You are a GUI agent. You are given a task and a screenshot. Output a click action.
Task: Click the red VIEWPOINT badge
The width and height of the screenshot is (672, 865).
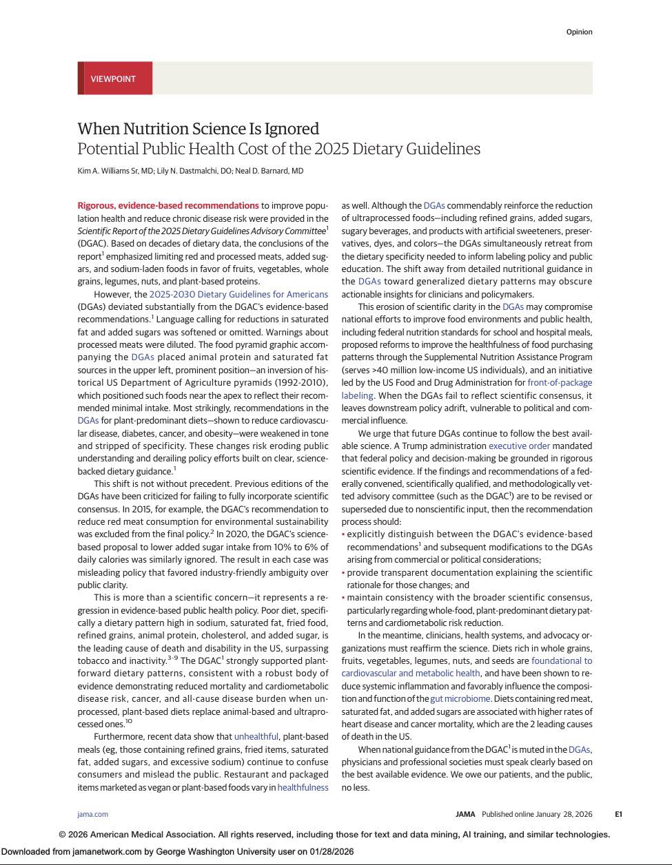click(114, 79)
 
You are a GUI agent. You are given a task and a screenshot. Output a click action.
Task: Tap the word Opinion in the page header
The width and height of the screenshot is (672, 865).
click(579, 32)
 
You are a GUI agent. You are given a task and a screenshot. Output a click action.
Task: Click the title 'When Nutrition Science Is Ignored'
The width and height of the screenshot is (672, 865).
click(198, 129)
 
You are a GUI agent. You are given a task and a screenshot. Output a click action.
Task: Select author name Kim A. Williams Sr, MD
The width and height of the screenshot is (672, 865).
click(115, 171)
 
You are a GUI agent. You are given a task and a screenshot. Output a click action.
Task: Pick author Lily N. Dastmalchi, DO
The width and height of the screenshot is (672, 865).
click(195, 171)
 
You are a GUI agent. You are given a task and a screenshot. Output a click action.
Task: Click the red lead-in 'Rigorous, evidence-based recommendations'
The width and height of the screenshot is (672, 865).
click(168, 205)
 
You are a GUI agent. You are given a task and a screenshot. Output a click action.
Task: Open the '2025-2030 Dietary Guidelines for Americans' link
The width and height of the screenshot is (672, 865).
click(238, 294)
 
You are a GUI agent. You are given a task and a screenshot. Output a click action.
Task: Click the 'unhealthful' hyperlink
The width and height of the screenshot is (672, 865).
click(256, 737)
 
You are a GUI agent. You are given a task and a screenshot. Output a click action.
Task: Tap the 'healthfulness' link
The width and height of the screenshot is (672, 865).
click(303, 787)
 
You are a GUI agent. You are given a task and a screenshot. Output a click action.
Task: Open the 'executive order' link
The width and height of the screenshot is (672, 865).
click(519, 446)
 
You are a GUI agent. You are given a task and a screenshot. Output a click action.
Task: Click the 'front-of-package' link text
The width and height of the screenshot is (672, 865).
click(560, 382)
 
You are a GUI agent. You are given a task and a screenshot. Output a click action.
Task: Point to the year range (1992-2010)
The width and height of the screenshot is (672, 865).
click(299, 382)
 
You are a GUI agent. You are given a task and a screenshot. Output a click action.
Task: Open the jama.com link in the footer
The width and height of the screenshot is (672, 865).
click(92, 814)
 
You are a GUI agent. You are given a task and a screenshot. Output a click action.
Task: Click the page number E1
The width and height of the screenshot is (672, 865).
click(618, 814)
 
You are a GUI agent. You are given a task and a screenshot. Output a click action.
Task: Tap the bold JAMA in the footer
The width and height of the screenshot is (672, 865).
click(465, 814)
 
